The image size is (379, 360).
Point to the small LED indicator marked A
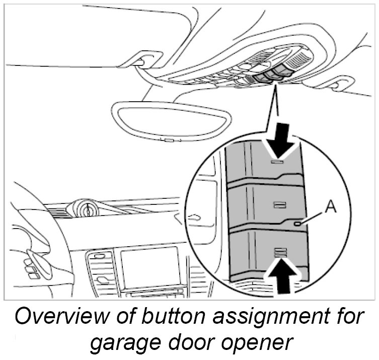299,223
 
